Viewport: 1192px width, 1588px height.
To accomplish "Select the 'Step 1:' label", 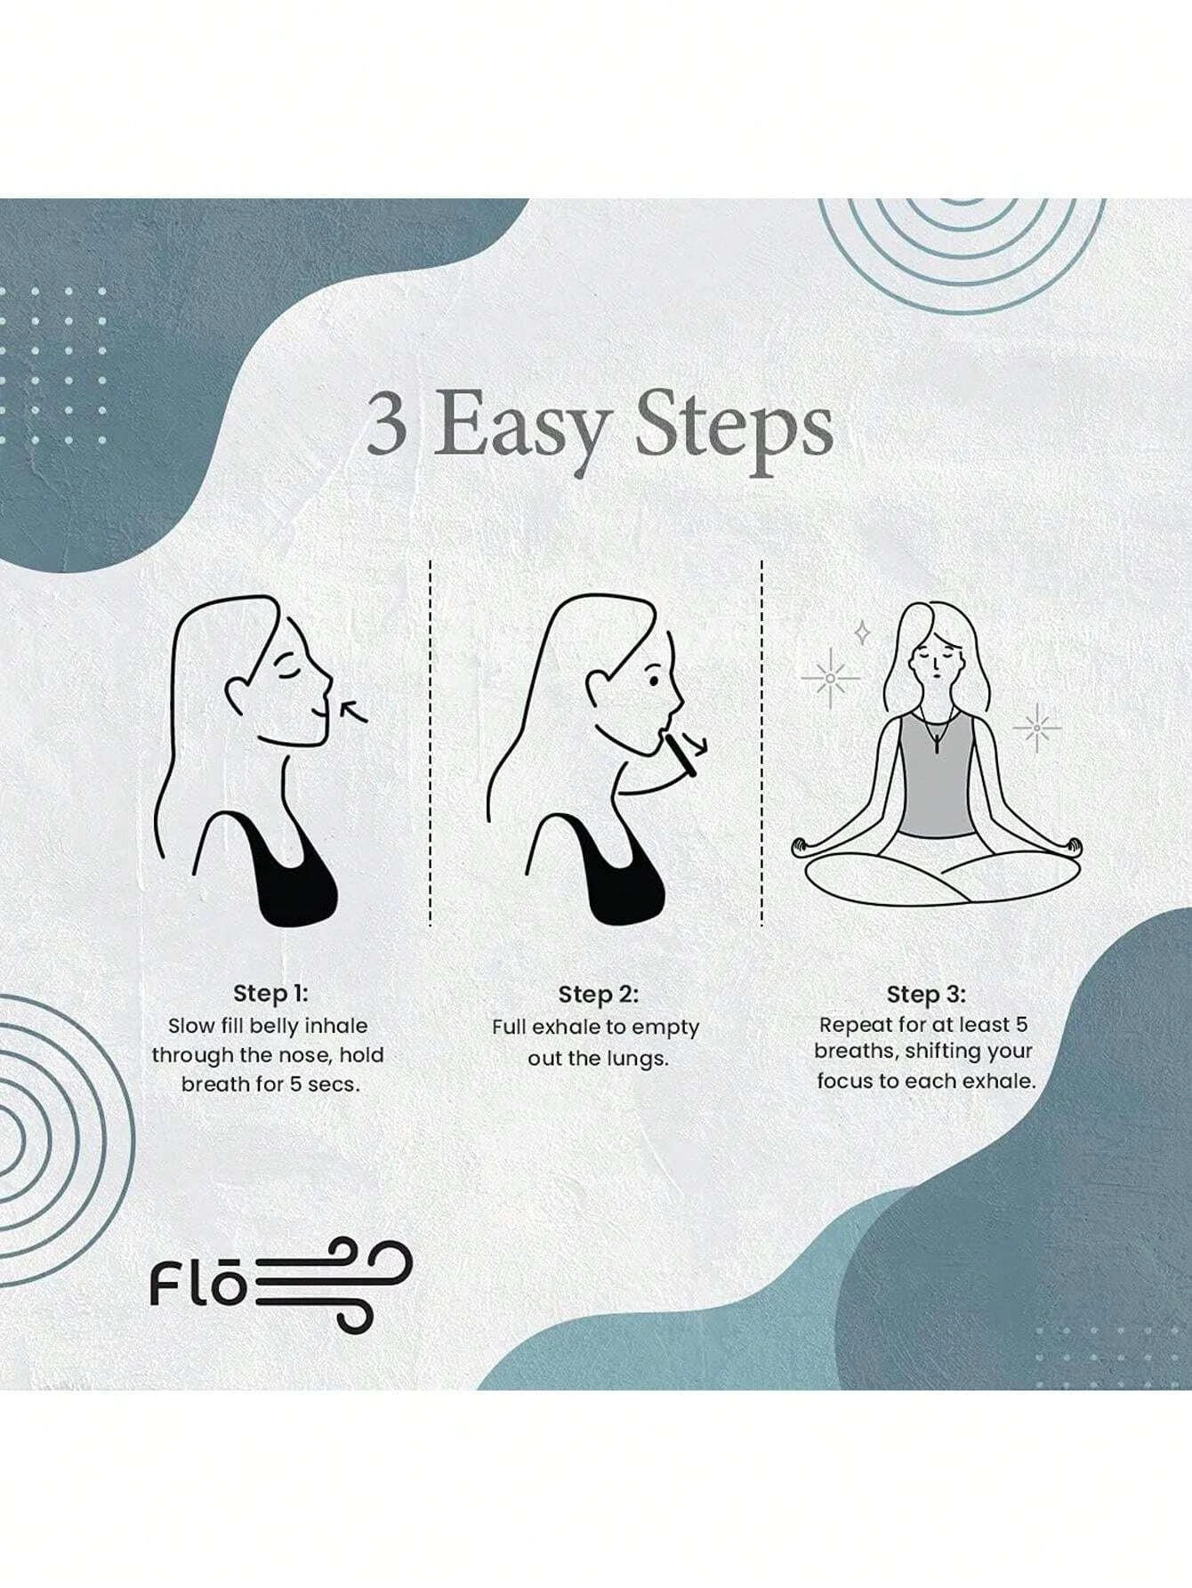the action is [270, 993].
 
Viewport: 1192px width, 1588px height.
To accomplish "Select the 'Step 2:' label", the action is [599, 994].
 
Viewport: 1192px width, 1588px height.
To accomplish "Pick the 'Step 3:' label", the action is [926, 994].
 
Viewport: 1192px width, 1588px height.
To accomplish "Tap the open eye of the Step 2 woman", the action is [654, 681].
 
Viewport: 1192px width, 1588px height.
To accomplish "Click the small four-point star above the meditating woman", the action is [861, 633].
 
